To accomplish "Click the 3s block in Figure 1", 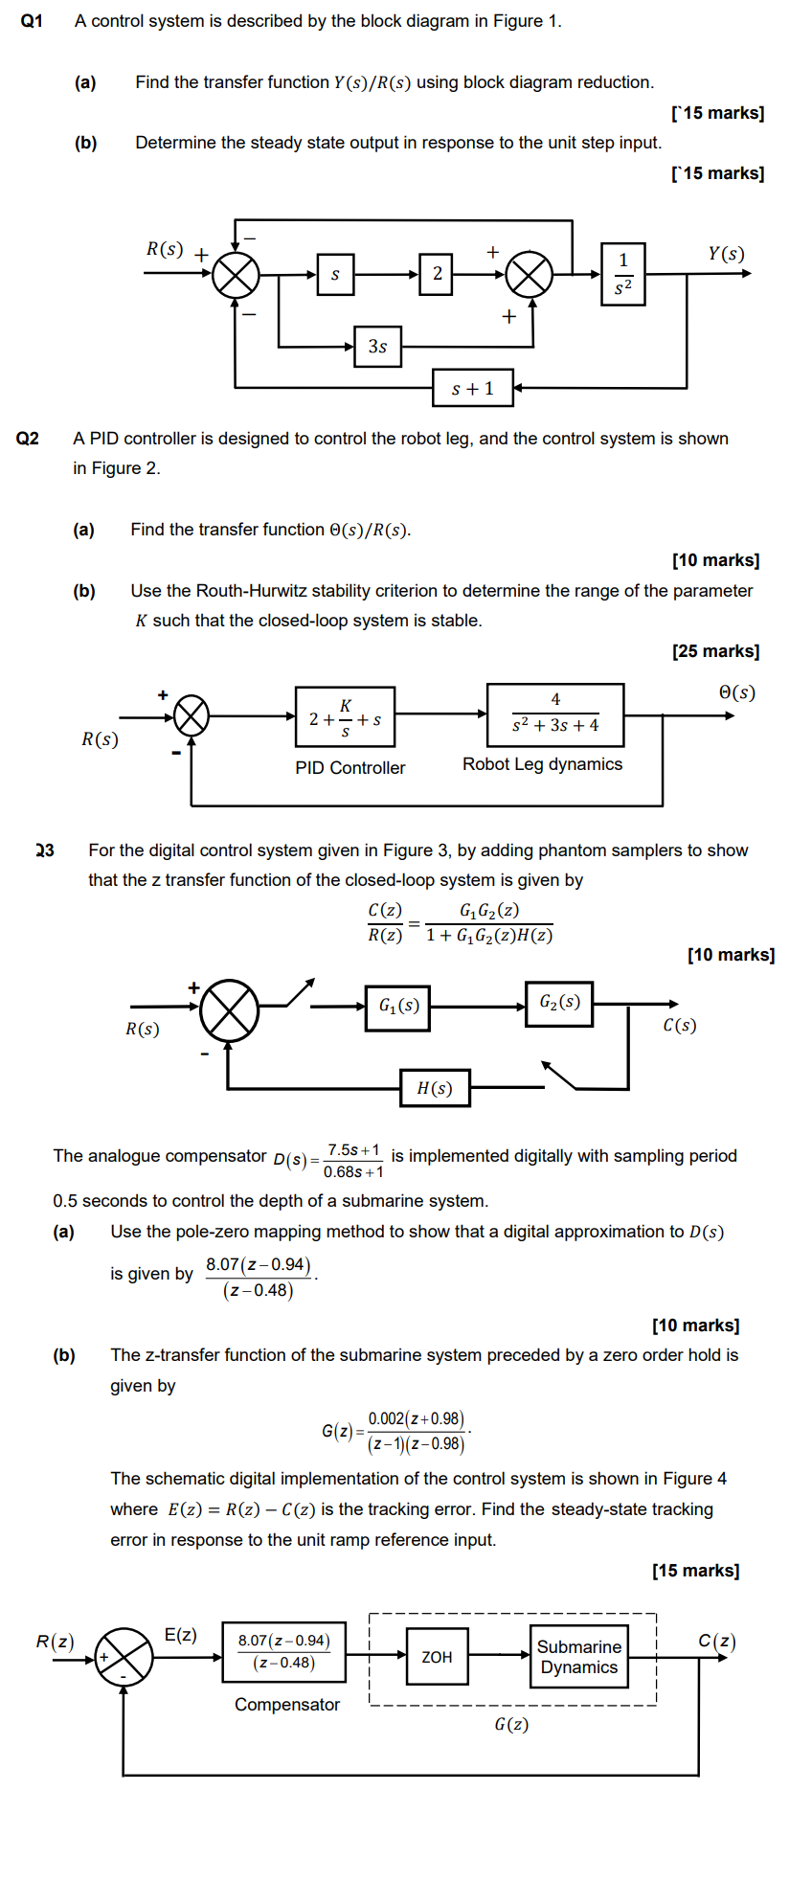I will coord(377,346).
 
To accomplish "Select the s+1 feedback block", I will coord(472,388).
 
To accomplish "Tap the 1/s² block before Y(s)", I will coord(623,274).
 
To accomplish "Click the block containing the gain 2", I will coord(436,274).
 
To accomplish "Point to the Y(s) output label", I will coord(726,254).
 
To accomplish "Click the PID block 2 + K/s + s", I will coord(345,716).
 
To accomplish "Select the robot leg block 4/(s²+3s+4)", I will coord(555,714).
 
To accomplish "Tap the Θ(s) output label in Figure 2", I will coord(736,692).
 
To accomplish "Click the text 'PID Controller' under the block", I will coord(350,768).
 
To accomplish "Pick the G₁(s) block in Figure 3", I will coord(397,1007).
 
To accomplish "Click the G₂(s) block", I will coord(559,1003).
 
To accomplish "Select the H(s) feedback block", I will coord(435,1088).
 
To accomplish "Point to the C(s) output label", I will coord(679,1026).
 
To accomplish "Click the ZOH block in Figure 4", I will coord(437,1657).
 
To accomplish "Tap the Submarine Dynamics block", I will coord(578,1657).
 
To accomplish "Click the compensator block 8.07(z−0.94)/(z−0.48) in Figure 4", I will coord(283,1651).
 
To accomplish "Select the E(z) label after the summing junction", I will coord(181,1635).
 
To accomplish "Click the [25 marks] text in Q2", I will coord(715,651).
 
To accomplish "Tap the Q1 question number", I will coord(32,21).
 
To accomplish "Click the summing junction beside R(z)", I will coord(124,1656).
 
